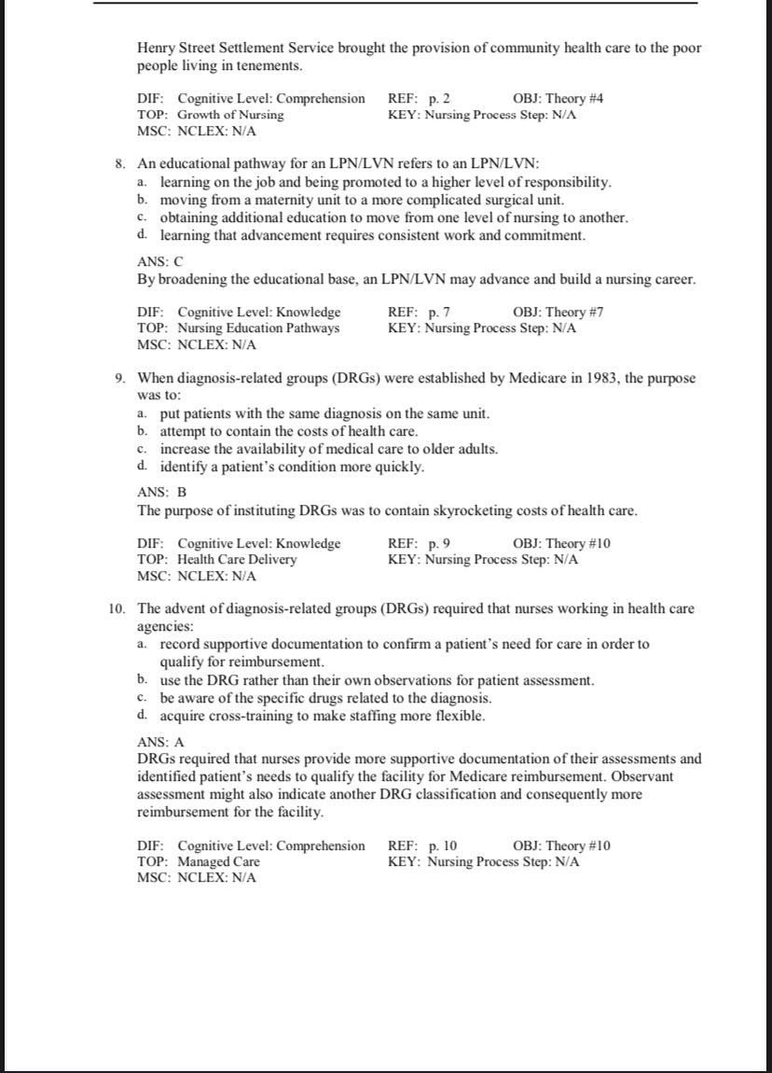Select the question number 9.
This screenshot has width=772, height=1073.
point(120,378)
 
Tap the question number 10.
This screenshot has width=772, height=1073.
point(117,609)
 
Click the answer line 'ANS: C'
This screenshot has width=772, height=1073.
point(160,263)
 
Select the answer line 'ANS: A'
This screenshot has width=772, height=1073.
point(160,742)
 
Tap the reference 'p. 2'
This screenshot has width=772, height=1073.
point(439,98)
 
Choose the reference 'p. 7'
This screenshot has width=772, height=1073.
point(439,312)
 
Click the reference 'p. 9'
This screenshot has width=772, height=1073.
point(439,543)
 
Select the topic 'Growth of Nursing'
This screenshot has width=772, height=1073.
point(230,115)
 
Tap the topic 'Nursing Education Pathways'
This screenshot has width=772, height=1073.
point(258,328)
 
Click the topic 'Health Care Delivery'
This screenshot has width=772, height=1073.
point(237,560)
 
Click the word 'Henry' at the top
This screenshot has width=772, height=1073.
point(156,48)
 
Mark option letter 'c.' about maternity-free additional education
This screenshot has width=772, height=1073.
point(142,217)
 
